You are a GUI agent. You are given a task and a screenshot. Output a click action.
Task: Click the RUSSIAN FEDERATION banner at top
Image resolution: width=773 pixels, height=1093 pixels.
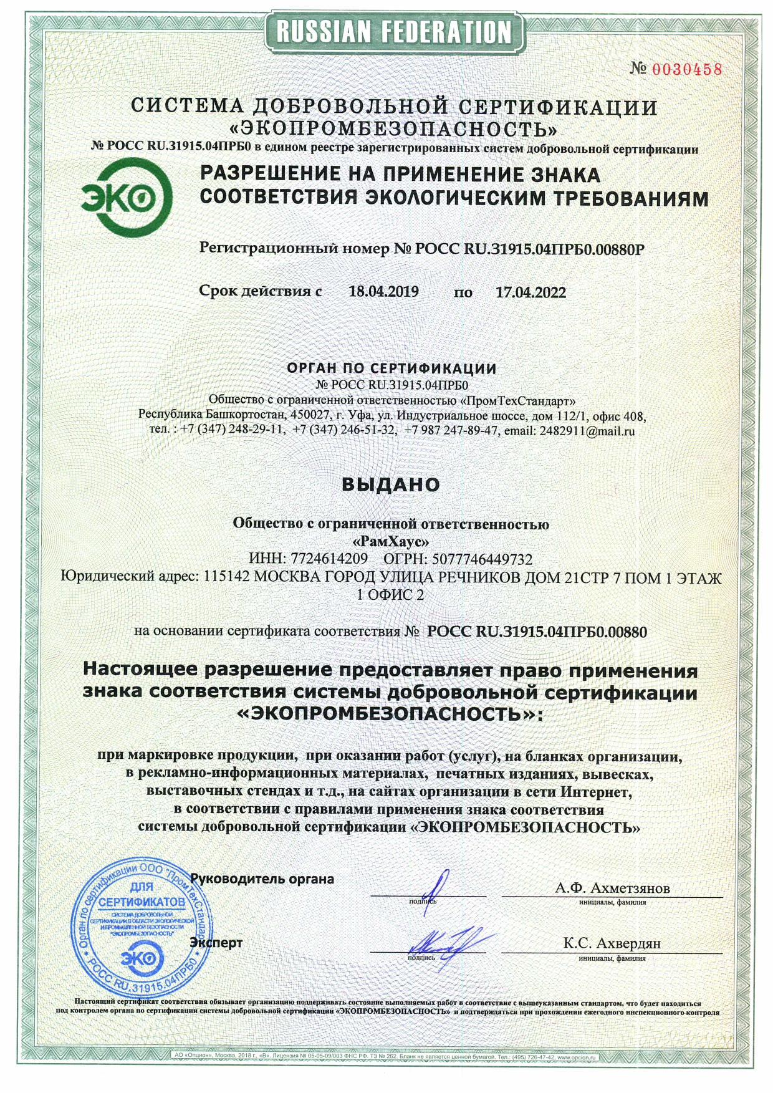click(393, 31)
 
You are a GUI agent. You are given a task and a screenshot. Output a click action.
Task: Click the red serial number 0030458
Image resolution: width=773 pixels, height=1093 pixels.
click(686, 69)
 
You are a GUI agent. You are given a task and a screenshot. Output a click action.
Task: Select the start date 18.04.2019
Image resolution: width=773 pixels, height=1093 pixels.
click(383, 291)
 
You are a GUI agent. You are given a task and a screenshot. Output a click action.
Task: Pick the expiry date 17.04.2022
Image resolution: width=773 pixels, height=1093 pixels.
click(531, 292)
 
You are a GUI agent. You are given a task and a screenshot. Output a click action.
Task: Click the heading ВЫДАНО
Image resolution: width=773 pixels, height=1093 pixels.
click(391, 484)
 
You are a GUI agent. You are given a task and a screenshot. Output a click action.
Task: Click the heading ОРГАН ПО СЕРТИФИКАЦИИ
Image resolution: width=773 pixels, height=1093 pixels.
click(391, 368)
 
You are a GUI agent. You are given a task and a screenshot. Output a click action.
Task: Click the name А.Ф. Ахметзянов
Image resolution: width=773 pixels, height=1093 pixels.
click(612, 888)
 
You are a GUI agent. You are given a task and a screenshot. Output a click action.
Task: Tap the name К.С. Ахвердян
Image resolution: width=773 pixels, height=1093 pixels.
click(612, 943)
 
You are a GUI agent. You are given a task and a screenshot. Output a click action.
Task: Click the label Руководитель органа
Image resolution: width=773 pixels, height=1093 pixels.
click(262, 879)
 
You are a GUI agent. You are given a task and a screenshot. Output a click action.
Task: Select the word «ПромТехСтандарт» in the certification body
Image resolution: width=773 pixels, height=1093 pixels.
click(517, 400)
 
